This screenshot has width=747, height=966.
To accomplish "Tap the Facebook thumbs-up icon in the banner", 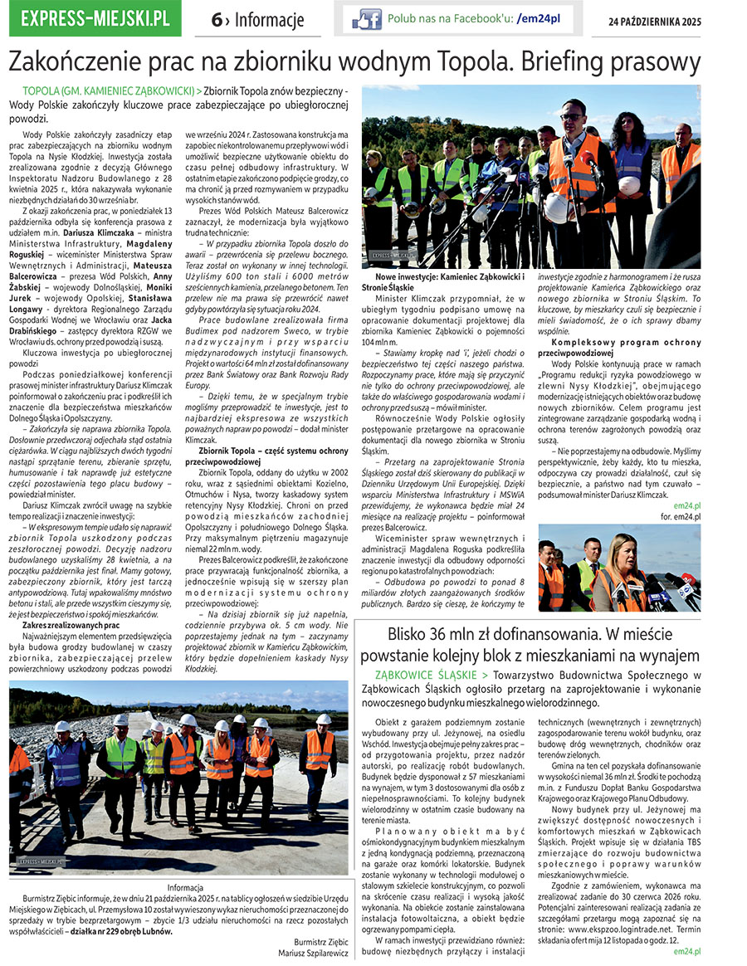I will point(367,18).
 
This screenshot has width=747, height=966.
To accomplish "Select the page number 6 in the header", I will point(217,20).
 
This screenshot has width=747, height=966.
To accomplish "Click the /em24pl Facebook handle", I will point(540,18).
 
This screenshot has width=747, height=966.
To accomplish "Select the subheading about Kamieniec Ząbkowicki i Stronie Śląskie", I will point(449,281).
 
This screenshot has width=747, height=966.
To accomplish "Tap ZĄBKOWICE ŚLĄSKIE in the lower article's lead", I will point(424,676).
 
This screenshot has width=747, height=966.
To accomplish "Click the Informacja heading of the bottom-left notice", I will point(179,887).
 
